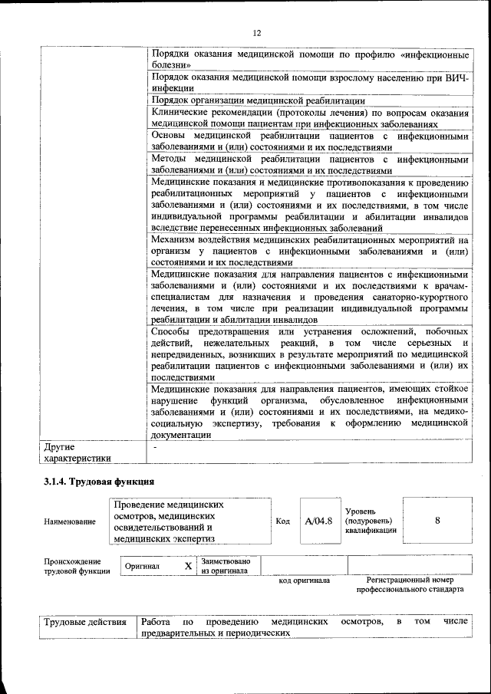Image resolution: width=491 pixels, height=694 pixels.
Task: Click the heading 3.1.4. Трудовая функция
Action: click(99, 482)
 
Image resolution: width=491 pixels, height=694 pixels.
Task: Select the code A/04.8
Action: click(318, 521)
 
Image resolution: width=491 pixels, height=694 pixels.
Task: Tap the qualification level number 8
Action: click(437, 521)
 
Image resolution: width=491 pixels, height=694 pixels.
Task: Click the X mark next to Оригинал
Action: click(187, 565)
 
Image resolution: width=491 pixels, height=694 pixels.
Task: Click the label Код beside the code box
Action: click(282, 521)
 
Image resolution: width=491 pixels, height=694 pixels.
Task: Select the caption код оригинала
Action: click(304, 581)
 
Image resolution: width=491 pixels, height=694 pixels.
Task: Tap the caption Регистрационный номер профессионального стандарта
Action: click(410, 585)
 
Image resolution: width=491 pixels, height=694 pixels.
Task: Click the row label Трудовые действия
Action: click(85, 621)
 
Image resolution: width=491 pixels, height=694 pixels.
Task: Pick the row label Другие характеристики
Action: click(77, 452)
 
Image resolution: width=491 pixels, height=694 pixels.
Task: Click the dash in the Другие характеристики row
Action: click(155, 446)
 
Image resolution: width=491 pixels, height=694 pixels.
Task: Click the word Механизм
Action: click(175, 240)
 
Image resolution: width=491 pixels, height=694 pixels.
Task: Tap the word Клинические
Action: click(181, 112)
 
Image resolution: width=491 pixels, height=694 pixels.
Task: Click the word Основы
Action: click(169, 136)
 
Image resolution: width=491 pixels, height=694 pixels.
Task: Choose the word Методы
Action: click(170, 159)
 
